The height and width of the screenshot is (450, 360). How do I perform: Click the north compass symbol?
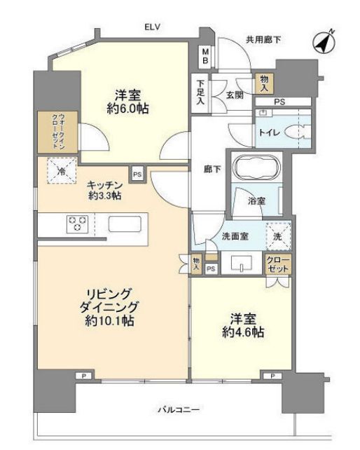324,42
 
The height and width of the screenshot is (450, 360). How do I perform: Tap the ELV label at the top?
152,27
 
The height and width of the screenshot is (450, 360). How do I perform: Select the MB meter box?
205,57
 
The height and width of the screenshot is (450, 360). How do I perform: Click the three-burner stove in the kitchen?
77,224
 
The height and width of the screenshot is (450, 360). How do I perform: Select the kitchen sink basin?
125,224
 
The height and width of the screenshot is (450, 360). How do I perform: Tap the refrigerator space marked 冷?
62,171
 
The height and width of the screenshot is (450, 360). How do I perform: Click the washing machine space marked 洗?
278,236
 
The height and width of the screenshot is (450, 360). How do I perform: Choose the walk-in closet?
58,132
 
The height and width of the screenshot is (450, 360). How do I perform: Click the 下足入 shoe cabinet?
200,93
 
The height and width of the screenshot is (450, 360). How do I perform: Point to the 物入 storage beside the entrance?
264,83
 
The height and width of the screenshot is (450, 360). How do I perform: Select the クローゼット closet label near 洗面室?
277,265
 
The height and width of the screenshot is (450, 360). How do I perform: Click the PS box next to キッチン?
137,175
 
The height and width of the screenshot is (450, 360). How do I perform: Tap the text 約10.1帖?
110,320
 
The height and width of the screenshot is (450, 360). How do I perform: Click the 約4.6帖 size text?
243,332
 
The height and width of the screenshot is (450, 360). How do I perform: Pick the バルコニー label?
179,409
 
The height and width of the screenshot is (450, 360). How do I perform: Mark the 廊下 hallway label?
212,170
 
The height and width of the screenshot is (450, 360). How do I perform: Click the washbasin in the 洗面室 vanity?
242,263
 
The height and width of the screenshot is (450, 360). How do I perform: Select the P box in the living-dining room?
84,376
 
